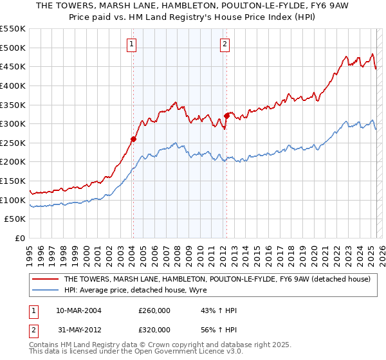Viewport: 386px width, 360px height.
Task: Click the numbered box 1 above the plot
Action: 131,44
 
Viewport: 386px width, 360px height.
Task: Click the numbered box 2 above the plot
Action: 225,44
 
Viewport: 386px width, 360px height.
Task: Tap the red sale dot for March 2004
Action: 133,138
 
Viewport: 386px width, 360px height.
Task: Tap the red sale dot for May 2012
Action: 226,116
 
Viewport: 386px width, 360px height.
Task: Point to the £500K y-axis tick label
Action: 13,48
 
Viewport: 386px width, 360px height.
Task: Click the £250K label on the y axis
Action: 13,143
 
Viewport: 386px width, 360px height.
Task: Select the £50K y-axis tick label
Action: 15,219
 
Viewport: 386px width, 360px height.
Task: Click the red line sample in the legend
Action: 45,280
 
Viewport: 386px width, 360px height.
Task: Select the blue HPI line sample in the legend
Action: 45,290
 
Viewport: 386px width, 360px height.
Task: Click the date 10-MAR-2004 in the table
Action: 78,310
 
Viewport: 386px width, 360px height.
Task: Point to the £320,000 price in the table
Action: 154,329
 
